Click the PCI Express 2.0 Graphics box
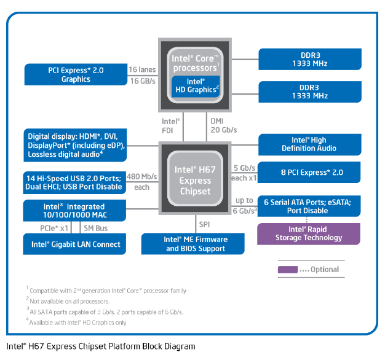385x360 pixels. tap(76, 74)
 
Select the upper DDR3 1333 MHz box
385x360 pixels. tap(310, 58)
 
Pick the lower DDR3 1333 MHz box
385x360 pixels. tap(310, 92)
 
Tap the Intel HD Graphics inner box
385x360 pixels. tap(195, 86)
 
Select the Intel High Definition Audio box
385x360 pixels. tap(309, 144)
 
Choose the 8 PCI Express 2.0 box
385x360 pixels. tap(309, 173)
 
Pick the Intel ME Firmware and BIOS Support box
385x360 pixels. tap(195, 244)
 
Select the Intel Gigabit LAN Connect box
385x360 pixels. tap(76, 245)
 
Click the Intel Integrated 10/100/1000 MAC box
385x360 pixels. tap(76, 211)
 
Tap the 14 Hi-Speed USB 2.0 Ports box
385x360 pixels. tap(76, 182)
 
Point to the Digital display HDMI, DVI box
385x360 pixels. tap(76, 145)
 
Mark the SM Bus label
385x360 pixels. tap(96, 229)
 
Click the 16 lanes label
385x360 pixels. tap(143, 69)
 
